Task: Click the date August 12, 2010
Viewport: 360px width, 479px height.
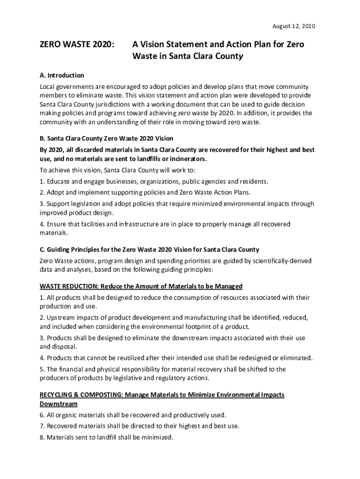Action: click(294, 26)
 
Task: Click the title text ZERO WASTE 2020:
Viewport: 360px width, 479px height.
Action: click(77, 44)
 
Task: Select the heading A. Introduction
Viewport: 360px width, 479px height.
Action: click(62, 75)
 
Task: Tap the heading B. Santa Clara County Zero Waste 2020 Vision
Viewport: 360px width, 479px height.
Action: click(107, 138)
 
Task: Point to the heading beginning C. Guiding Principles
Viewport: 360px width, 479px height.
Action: click(149, 249)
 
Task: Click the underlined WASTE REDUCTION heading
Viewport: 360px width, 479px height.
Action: click(141, 286)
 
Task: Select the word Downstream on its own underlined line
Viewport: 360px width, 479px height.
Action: click(58, 403)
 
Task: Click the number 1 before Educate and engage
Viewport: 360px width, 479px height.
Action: click(42, 181)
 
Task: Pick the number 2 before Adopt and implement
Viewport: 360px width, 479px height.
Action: click(42, 192)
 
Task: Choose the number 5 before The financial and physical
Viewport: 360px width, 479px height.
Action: click(42, 370)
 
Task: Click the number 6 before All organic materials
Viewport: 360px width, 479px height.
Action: click(42, 415)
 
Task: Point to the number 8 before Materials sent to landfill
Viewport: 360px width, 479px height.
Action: click(42, 438)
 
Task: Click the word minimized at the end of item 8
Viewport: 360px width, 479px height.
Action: click(158, 438)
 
